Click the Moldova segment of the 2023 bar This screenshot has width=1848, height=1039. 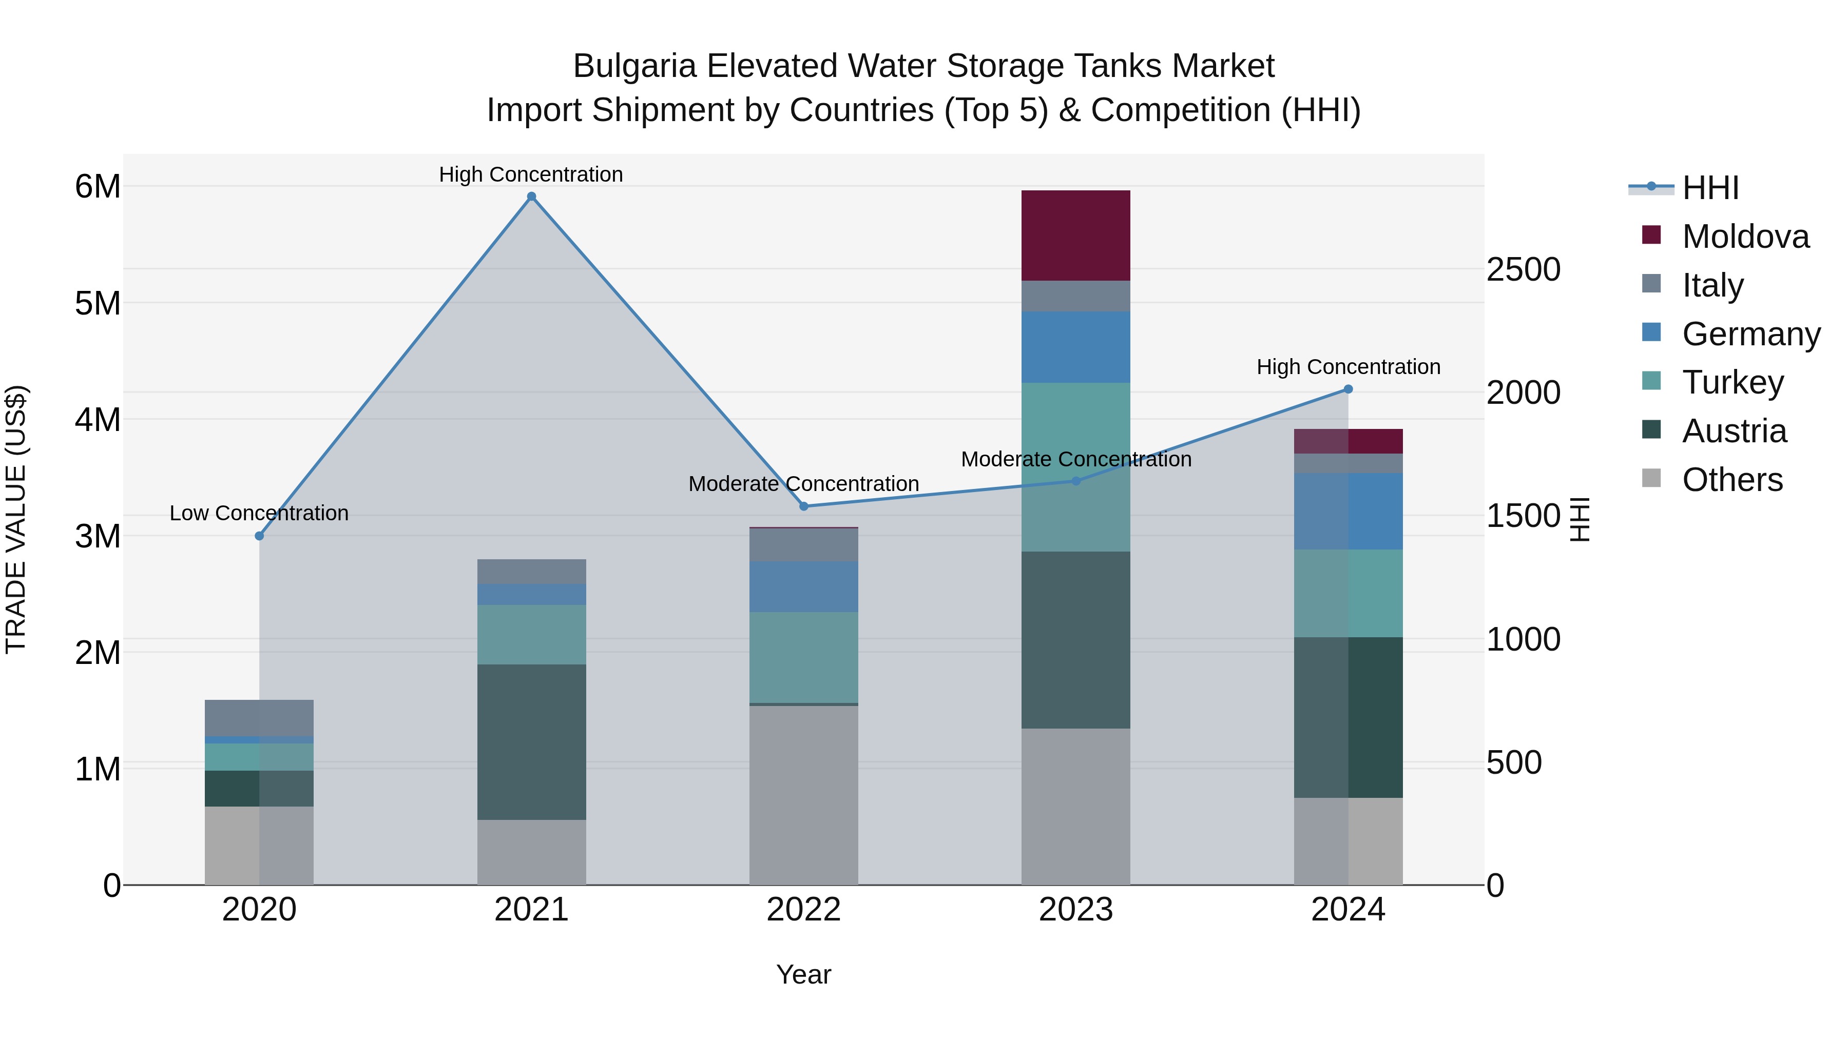1075,235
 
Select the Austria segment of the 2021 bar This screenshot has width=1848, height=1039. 532,741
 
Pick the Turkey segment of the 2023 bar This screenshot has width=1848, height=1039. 1075,467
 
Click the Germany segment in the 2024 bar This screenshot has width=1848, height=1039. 1348,511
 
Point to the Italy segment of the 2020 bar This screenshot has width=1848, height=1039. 259,718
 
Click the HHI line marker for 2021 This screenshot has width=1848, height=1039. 532,197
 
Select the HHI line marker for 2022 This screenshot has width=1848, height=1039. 803,506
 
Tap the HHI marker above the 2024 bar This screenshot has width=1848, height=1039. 1348,389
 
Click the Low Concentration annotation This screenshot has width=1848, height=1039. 259,514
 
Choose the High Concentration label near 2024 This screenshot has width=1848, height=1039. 1348,367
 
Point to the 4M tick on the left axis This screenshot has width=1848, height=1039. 98,420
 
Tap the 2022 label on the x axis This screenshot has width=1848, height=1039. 803,910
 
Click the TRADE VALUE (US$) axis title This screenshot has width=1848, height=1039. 16,519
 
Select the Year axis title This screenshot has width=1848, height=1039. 803,974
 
